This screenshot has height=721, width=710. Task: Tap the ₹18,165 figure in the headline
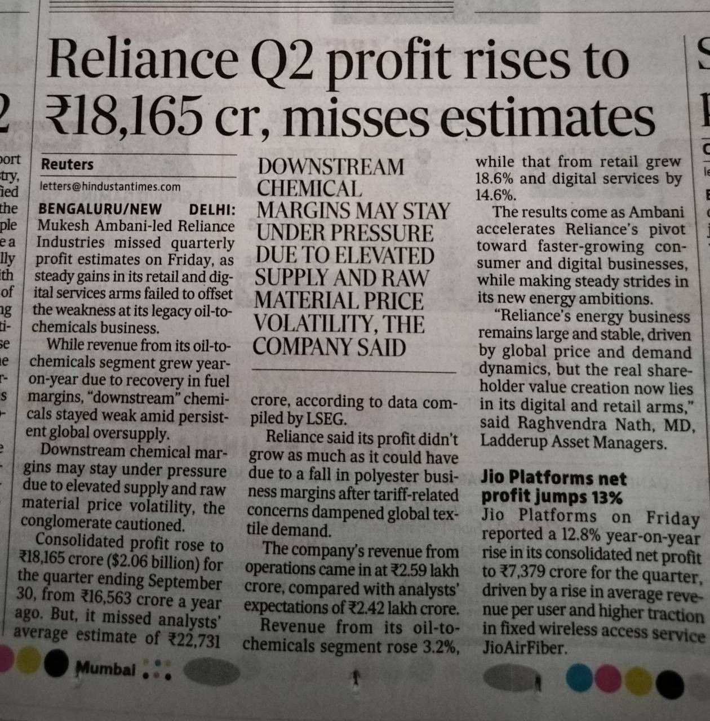123,115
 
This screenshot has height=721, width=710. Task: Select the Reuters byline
67,164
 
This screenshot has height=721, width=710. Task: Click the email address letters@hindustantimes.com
110,186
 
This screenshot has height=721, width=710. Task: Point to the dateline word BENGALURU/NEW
100,209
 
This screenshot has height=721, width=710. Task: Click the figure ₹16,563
106,595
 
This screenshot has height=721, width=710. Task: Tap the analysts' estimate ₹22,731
194,640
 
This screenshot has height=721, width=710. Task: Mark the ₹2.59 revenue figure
408,570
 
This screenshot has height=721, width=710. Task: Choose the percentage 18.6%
494,179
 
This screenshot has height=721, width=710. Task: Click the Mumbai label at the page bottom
105,669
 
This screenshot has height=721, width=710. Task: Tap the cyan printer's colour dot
580,677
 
